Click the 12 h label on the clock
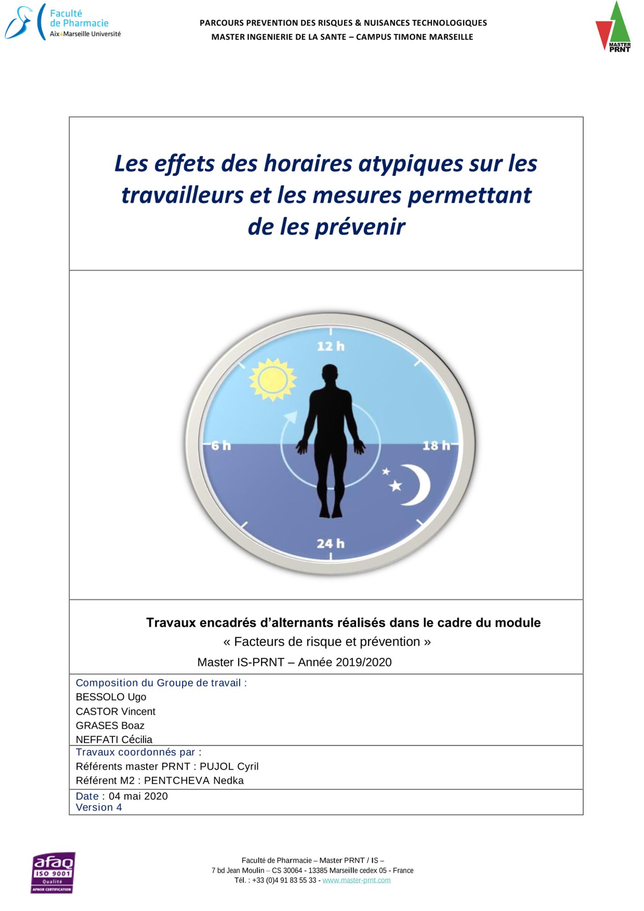click(x=331, y=346)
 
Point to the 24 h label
click(x=331, y=543)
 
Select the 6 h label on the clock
click(x=221, y=445)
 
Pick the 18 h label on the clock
click(x=436, y=445)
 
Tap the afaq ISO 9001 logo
click(x=53, y=872)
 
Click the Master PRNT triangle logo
click(x=613, y=27)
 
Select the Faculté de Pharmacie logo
click(x=63, y=23)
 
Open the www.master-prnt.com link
click(x=356, y=880)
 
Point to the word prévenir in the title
click(x=360, y=227)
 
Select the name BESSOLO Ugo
click(x=111, y=697)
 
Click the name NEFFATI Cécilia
click(x=114, y=739)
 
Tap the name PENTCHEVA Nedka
click(x=194, y=780)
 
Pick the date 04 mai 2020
click(x=138, y=796)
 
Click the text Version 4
click(x=99, y=807)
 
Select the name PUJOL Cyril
click(x=229, y=766)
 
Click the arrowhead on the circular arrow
click(x=291, y=416)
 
